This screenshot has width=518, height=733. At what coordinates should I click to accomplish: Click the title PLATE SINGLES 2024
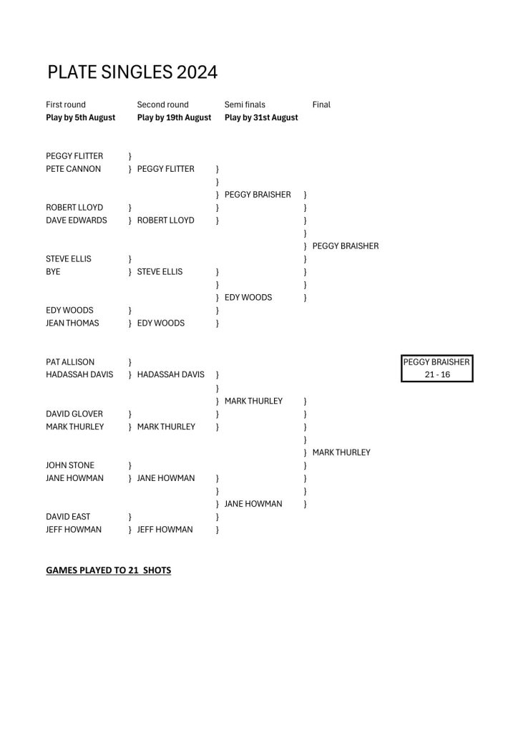[132, 72]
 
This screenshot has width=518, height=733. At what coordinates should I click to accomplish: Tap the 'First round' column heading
[66, 105]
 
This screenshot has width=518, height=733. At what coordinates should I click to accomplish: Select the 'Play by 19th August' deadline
[175, 117]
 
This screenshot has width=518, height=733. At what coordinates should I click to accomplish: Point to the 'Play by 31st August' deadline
[261, 117]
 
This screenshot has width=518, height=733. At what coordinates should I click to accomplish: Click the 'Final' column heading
[321, 105]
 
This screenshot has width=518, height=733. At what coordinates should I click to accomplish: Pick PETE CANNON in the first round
[73, 169]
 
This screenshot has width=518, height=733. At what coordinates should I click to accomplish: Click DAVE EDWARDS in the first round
[76, 220]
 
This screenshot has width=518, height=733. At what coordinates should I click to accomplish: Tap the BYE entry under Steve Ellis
[53, 271]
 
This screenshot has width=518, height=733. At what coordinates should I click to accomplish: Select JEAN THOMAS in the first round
[72, 323]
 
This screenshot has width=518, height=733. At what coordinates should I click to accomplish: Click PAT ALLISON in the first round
[70, 361]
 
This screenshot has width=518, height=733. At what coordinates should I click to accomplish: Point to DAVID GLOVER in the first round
[74, 414]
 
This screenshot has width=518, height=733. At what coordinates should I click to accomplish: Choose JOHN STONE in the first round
[70, 465]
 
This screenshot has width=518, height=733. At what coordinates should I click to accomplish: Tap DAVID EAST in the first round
[68, 517]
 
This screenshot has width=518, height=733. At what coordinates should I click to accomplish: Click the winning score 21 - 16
[438, 374]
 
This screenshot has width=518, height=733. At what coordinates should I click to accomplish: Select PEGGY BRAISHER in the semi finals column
[258, 195]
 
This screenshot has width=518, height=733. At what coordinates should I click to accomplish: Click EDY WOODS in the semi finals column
[248, 297]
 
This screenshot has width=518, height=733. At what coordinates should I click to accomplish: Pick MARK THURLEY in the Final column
[341, 452]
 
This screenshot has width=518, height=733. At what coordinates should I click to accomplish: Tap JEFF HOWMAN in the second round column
[165, 529]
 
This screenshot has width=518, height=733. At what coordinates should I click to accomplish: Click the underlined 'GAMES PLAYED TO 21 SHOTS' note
[108, 571]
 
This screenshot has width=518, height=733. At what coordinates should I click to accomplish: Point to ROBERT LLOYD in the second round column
[166, 220]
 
